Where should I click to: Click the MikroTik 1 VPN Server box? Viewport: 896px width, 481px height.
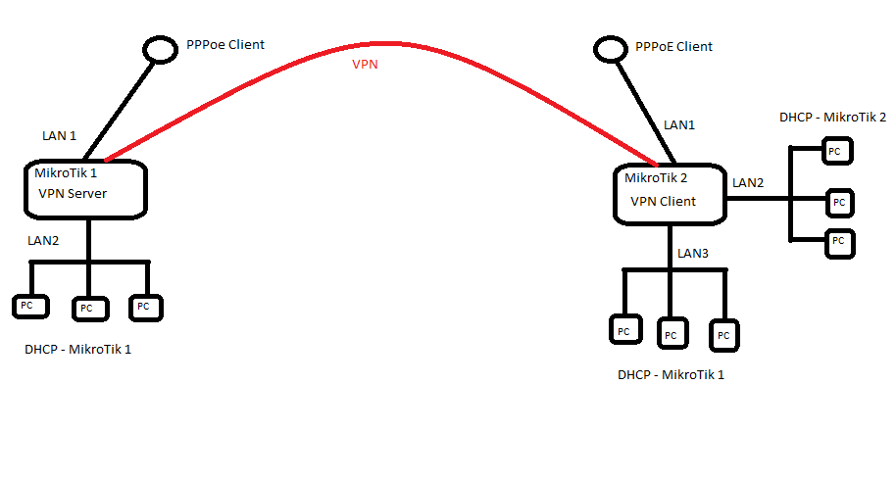[85, 189]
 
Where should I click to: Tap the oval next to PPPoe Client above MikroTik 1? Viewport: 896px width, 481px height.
[158, 48]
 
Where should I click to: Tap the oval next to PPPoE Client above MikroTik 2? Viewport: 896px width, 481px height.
[609, 48]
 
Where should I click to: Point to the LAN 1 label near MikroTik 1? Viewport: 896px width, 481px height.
[59, 136]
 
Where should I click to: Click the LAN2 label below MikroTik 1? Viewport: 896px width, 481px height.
[43, 241]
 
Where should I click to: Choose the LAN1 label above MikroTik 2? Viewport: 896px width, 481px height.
[679, 125]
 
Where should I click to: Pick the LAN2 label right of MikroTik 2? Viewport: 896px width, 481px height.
[748, 183]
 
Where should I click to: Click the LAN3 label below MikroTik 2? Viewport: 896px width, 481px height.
[692, 254]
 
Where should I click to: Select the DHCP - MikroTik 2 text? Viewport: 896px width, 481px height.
[832, 117]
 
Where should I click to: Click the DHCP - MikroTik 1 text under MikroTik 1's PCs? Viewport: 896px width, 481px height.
[77, 350]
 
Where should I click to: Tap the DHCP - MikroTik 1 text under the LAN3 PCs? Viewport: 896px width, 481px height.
[671, 375]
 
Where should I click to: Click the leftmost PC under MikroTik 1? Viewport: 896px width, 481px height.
[27, 307]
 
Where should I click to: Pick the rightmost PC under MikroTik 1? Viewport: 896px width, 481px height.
[145, 307]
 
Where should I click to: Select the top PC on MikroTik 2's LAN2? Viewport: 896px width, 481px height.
[835, 151]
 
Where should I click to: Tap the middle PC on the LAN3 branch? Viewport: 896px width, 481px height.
[672, 335]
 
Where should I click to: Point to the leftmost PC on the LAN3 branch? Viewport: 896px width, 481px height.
[623, 330]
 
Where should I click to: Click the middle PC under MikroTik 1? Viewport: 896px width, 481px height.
[87, 308]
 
